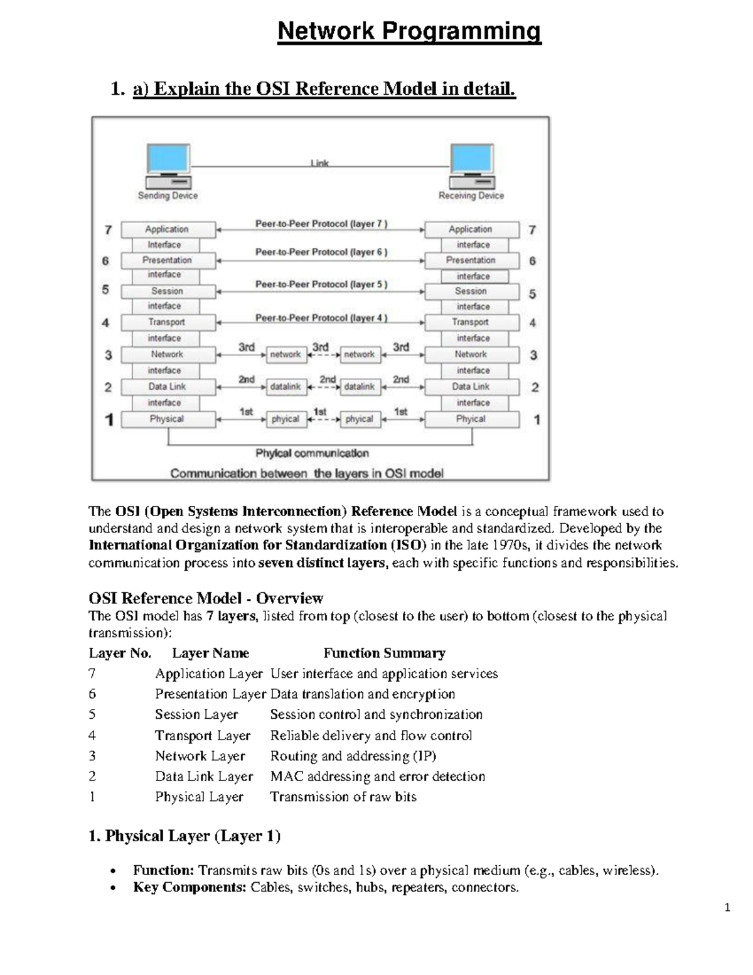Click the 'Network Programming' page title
click(x=409, y=31)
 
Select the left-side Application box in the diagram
click(x=168, y=229)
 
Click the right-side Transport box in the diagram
click(x=471, y=322)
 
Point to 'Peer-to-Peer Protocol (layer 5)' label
click(x=321, y=284)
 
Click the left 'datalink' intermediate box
click(x=286, y=387)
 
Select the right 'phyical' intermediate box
click(x=360, y=419)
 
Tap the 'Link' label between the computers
click(x=320, y=163)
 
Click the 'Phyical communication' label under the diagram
click(x=312, y=453)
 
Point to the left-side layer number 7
click(x=108, y=230)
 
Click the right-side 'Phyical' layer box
click(x=471, y=419)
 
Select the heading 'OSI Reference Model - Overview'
click(x=206, y=598)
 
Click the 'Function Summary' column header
click(x=384, y=653)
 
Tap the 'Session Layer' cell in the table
click(x=196, y=714)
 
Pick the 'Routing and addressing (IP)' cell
click(x=353, y=756)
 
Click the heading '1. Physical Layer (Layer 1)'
click(x=184, y=836)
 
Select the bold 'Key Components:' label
click(x=190, y=887)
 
